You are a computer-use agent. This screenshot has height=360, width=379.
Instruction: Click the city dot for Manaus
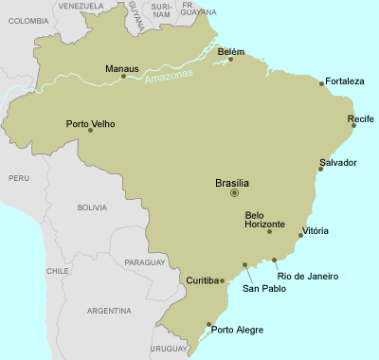[123, 76]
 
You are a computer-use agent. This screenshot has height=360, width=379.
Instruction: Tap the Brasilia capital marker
[234, 193]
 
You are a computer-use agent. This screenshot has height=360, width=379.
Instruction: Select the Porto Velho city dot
[90, 130]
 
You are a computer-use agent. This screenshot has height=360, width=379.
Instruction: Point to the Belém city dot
[230, 60]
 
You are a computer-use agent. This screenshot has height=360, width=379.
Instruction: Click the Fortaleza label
[344, 81]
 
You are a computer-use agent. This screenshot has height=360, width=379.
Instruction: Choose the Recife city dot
[353, 125]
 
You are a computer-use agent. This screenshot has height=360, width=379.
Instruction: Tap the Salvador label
[338, 163]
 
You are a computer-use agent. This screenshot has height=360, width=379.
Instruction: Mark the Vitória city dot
[300, 235]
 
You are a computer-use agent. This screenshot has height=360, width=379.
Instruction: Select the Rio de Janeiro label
[307, 277]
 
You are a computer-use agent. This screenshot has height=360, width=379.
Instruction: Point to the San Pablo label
[263, 288]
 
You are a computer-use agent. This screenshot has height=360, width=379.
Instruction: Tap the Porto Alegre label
[237, 331]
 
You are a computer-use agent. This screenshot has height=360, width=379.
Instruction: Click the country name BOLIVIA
[92, 207]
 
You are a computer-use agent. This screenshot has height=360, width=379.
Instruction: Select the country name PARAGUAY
[144, 261]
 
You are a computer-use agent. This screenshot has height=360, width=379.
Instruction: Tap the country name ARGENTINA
[108, 311]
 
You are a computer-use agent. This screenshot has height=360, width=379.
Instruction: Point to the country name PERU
[19, 177]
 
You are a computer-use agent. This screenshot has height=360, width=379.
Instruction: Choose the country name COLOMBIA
[27, 20]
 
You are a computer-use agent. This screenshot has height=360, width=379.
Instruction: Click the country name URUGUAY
[170, 349]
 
